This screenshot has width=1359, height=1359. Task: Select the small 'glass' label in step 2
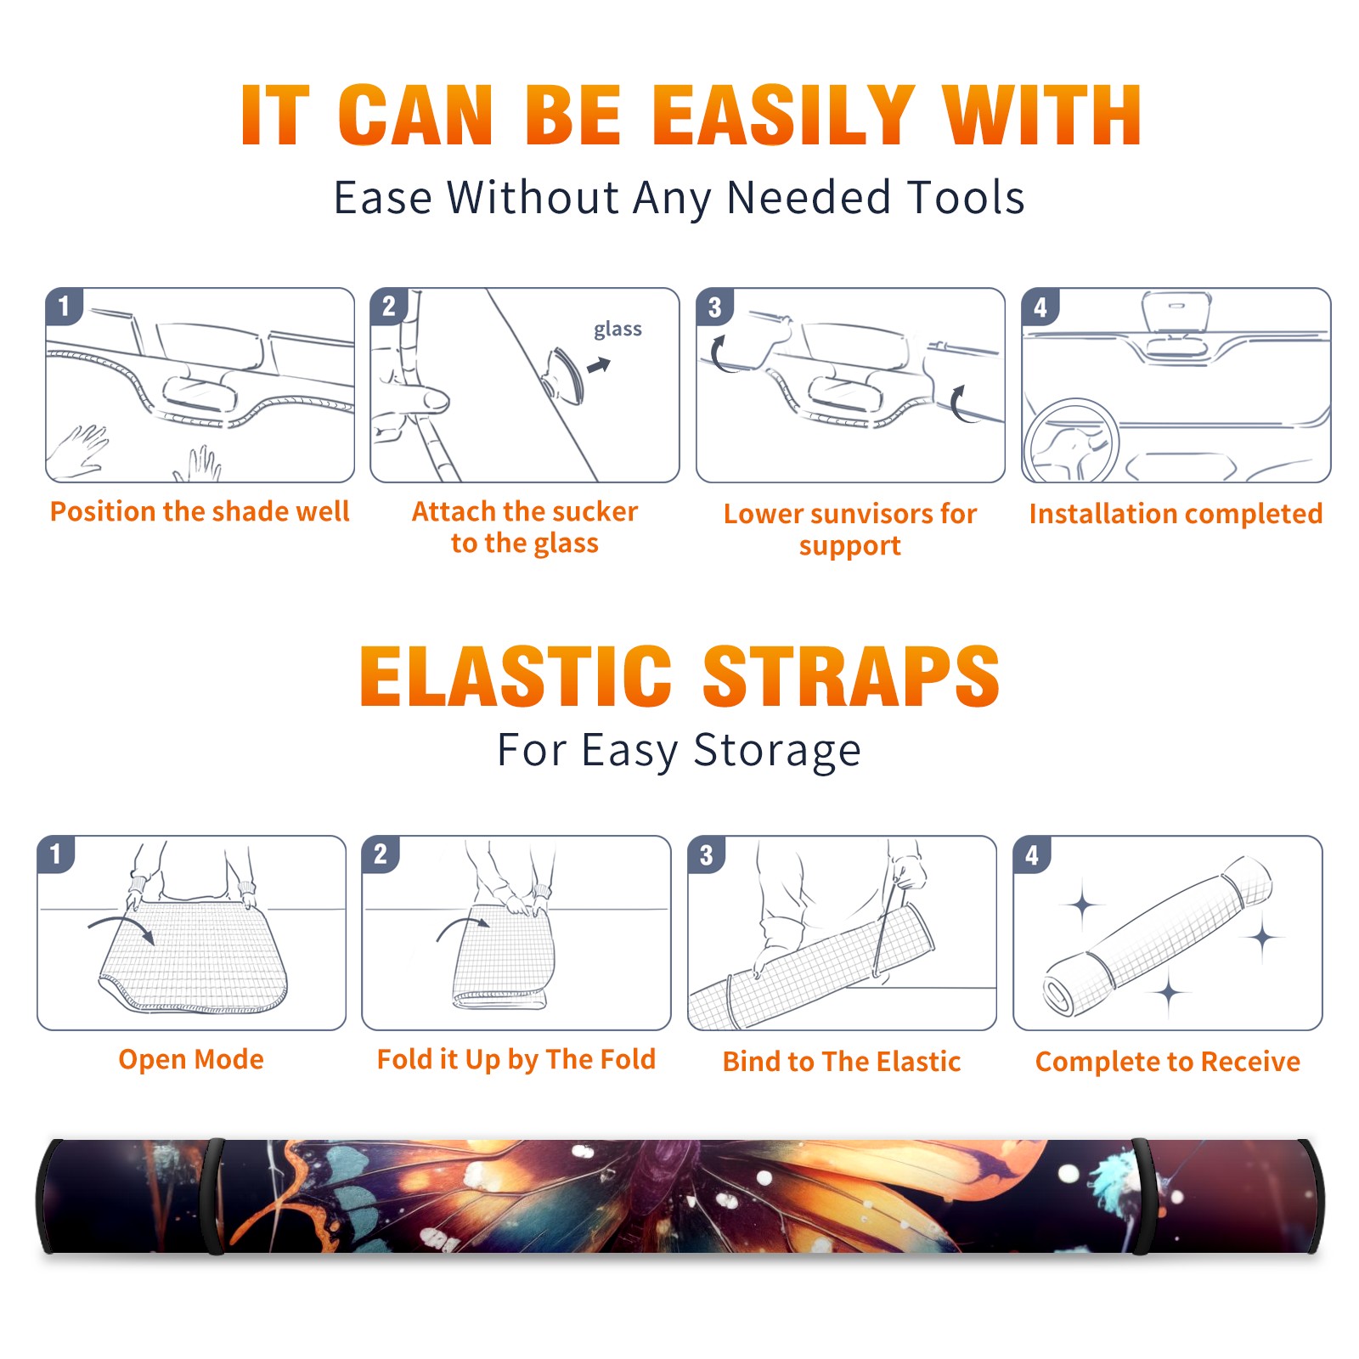click(617, 329)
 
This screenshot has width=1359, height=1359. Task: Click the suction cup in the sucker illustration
click(563, 375)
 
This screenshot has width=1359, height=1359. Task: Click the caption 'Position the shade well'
click(200, 511)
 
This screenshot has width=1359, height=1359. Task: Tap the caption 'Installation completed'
click(1176, 514)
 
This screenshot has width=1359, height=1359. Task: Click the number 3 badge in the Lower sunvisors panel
click(714, 307)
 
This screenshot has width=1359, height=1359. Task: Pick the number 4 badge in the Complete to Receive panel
click(1032, 854)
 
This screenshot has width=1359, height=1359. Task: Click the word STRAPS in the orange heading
click(851, 676)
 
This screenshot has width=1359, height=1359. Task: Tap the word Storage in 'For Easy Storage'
click(777, 751)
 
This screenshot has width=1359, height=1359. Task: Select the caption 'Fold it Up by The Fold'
click(516, 1060)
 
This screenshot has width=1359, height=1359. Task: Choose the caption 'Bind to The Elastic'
click(842, 1062)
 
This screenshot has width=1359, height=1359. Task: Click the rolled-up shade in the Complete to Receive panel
click(1157, 936)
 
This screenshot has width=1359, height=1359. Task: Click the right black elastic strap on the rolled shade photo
click(1142, 1196)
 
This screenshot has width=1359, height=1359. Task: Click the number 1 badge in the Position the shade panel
click(64, 306)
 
